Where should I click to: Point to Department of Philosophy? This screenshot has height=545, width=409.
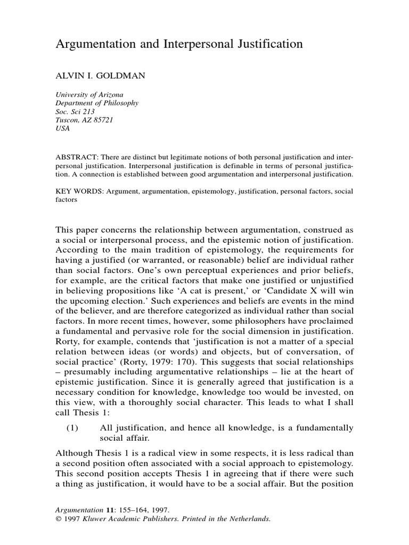tap(97, 103)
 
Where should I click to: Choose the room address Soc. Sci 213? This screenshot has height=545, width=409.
tap(76, 112)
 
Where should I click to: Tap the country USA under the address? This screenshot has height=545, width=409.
tap(63, 129)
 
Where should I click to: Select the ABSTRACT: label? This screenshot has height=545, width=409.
tap(75, 158)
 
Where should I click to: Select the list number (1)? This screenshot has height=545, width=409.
tap(73, 428)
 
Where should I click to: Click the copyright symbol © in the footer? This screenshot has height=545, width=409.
tap(59, 518)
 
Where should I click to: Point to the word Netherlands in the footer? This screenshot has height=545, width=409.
tap(249, 518)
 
